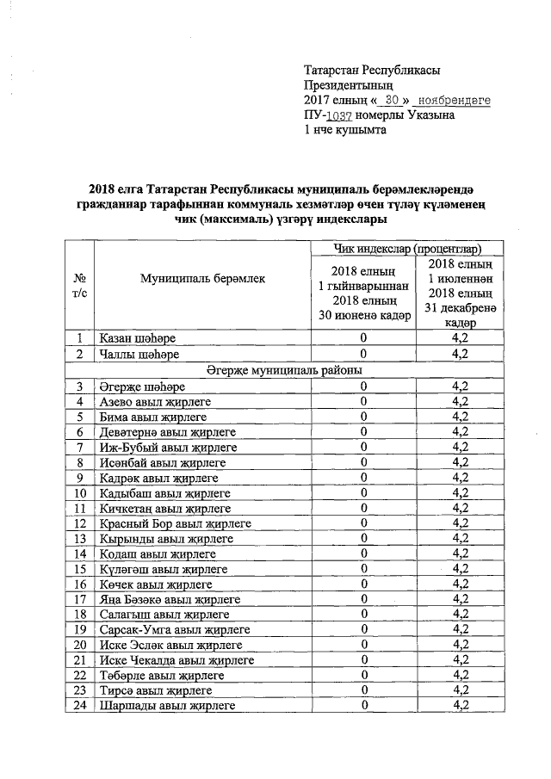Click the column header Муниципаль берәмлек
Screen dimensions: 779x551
[x=200, y=278]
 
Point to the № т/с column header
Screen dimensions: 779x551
[x=79, y=286]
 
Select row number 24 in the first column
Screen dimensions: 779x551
[x=79, y=706]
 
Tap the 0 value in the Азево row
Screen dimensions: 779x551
[x=363, y=401]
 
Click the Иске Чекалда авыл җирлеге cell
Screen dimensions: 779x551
[x=176, y=660]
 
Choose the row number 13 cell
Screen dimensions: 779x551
[x=79, y=538]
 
